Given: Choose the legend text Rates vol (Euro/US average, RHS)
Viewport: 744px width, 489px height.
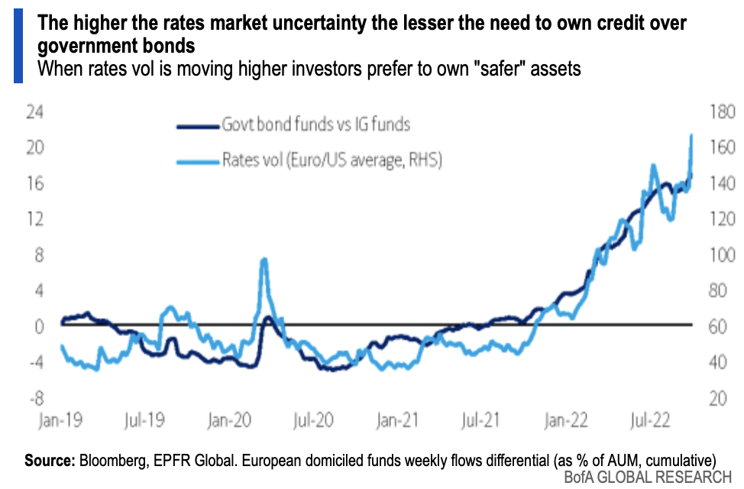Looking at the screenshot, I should tap(333, 160).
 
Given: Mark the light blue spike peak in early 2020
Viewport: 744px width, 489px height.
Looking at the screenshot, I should tap(264, 260).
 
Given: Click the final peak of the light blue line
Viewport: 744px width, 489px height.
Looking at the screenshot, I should tap(691, 135).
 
